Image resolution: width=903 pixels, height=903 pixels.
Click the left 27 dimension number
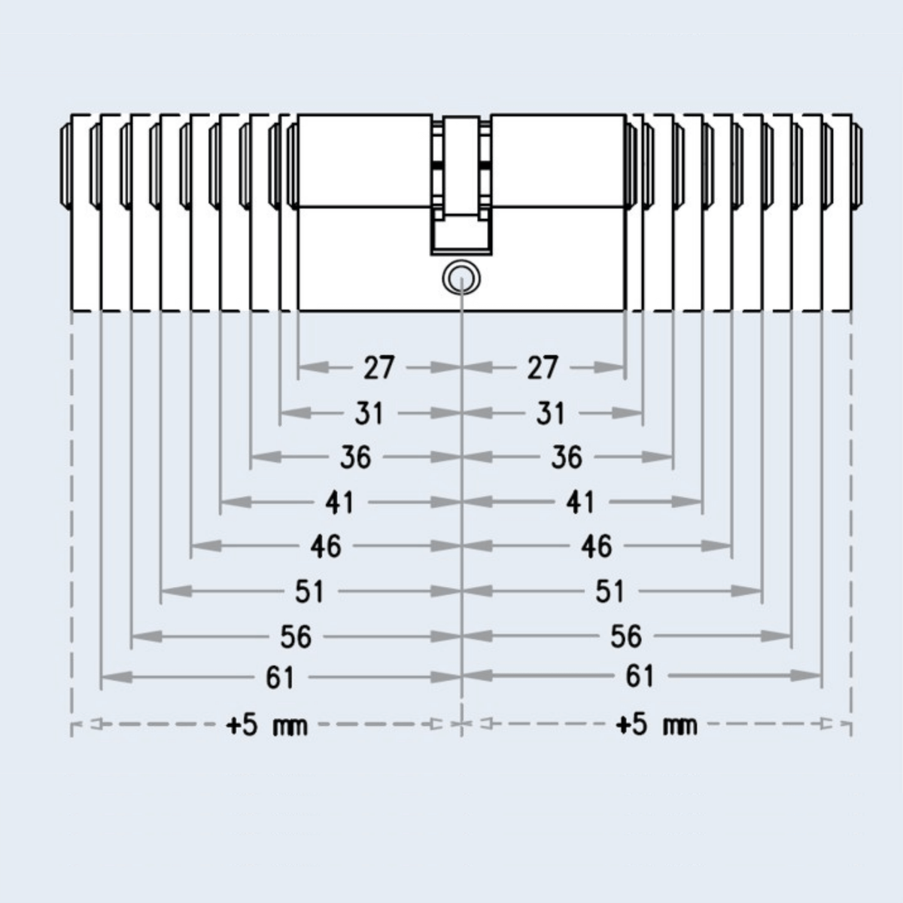pos(379,368)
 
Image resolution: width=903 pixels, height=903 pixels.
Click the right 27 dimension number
pos(543,368)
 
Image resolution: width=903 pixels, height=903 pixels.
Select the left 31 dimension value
pos(369,413)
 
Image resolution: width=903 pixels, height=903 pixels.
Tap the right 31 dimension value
pos(550,413)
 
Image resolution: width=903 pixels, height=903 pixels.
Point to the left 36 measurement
pos(356,457)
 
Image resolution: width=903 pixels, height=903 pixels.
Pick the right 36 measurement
pos(567,457)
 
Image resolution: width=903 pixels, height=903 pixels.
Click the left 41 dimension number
pos(339,503)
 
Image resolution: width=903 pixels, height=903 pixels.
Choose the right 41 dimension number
pos(581,503)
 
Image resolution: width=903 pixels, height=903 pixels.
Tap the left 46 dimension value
pos(326,546)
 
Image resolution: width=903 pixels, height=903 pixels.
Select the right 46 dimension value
pos(597,546)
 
